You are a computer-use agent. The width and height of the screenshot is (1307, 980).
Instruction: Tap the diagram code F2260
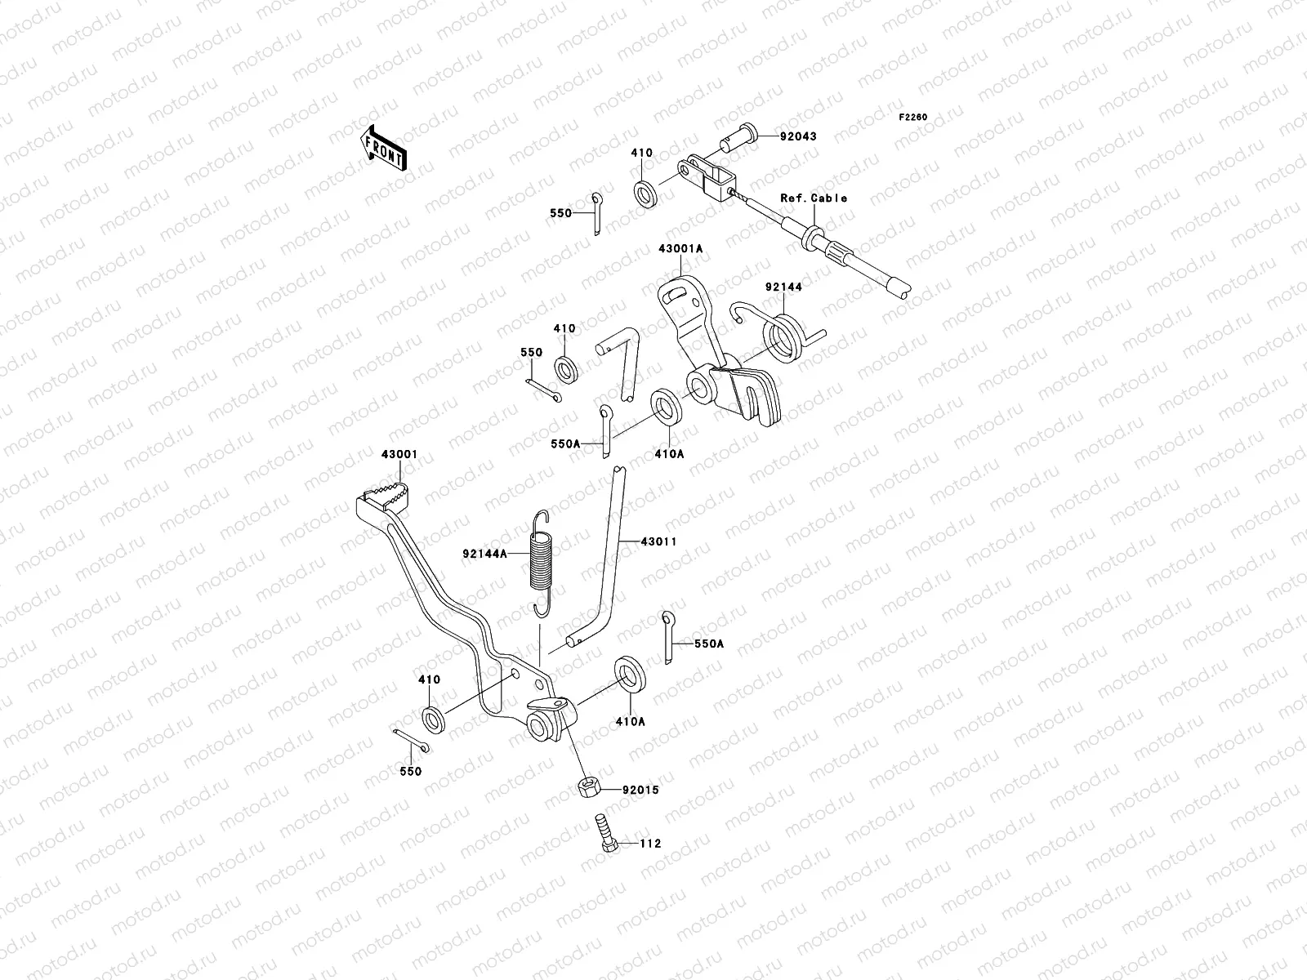913,118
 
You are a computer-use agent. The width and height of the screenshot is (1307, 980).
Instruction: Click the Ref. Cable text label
814,198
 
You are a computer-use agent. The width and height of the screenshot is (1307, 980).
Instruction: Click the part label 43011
658,541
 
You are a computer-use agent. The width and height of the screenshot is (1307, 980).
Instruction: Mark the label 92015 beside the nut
640,791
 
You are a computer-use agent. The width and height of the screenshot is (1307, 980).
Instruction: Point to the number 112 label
650,844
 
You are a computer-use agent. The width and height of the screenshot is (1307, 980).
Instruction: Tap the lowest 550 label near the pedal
411,771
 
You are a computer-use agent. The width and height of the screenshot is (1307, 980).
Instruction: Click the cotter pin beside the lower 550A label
668,637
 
